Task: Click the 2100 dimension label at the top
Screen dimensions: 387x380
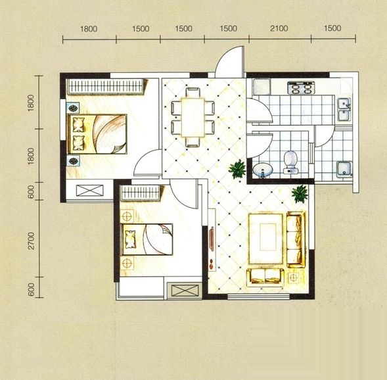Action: click(279, 28)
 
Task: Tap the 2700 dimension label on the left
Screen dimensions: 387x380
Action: click(31, 241)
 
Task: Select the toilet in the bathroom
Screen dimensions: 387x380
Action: click(291, 162)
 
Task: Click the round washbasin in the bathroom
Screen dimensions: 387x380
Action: click(263, 170)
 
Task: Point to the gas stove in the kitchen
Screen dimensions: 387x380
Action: click(302, 87)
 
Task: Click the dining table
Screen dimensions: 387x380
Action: click(193, 117)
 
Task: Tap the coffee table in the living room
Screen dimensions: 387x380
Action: click(265, 239)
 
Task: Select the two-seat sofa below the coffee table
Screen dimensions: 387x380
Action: click(265, 276)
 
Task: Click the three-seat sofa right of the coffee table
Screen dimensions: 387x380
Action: click(296, 239)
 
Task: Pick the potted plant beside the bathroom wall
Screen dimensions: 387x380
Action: click(238, 169)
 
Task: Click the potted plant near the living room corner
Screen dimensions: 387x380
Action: click(300, 193)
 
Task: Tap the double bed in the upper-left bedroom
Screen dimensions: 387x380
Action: click(97, 134)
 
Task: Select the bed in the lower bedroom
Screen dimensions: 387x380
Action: click(147, 239)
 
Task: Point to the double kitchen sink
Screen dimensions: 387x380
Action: click(344, 110)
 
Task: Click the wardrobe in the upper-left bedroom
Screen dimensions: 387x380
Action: click(105, 86)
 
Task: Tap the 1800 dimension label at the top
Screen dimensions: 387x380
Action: click(89, 29)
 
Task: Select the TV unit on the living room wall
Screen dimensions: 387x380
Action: click(212, 239)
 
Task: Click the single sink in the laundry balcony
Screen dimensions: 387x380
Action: click(344, 169)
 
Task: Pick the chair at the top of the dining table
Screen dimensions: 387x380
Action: click(193, 93)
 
